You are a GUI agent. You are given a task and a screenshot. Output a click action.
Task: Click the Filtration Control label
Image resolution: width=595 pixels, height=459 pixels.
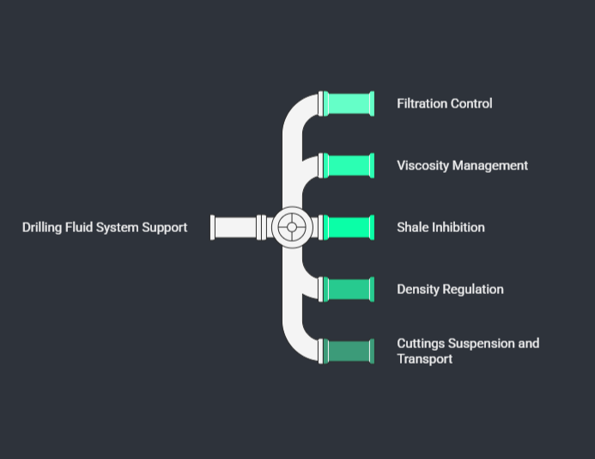click(444, 104)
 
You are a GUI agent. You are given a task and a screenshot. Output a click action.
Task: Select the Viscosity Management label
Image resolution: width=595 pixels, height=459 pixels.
click(462, 166)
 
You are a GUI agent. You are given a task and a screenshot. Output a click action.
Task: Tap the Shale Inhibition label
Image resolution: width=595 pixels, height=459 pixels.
click(440, 228)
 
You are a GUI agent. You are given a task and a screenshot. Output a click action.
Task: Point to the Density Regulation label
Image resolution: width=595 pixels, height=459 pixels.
click(450, 290)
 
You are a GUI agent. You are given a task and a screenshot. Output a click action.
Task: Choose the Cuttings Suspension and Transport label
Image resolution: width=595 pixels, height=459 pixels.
click(468, 351)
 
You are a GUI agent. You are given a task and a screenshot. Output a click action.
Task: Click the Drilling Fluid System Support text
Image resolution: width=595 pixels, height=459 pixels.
click(105, 228)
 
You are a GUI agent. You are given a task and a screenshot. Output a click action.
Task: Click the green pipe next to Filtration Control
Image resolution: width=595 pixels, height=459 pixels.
click(349, 104)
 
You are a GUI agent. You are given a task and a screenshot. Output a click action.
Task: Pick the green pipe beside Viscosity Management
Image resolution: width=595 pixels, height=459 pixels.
click(349, 166)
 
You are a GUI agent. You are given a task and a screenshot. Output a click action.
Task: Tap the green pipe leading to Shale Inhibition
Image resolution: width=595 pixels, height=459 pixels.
click(349, 228)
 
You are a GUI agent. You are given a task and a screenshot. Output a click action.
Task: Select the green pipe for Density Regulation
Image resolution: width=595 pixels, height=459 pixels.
click(349, 290)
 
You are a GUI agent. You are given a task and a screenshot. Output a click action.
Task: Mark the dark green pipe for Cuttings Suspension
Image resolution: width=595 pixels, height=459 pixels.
click(349, 352)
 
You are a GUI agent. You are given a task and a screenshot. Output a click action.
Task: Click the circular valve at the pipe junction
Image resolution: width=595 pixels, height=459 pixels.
click(292, 228)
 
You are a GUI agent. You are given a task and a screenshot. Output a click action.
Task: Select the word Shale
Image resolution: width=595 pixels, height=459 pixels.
click(413, 228)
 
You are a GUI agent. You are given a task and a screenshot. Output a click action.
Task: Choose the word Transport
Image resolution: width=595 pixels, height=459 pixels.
click(424, 359)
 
